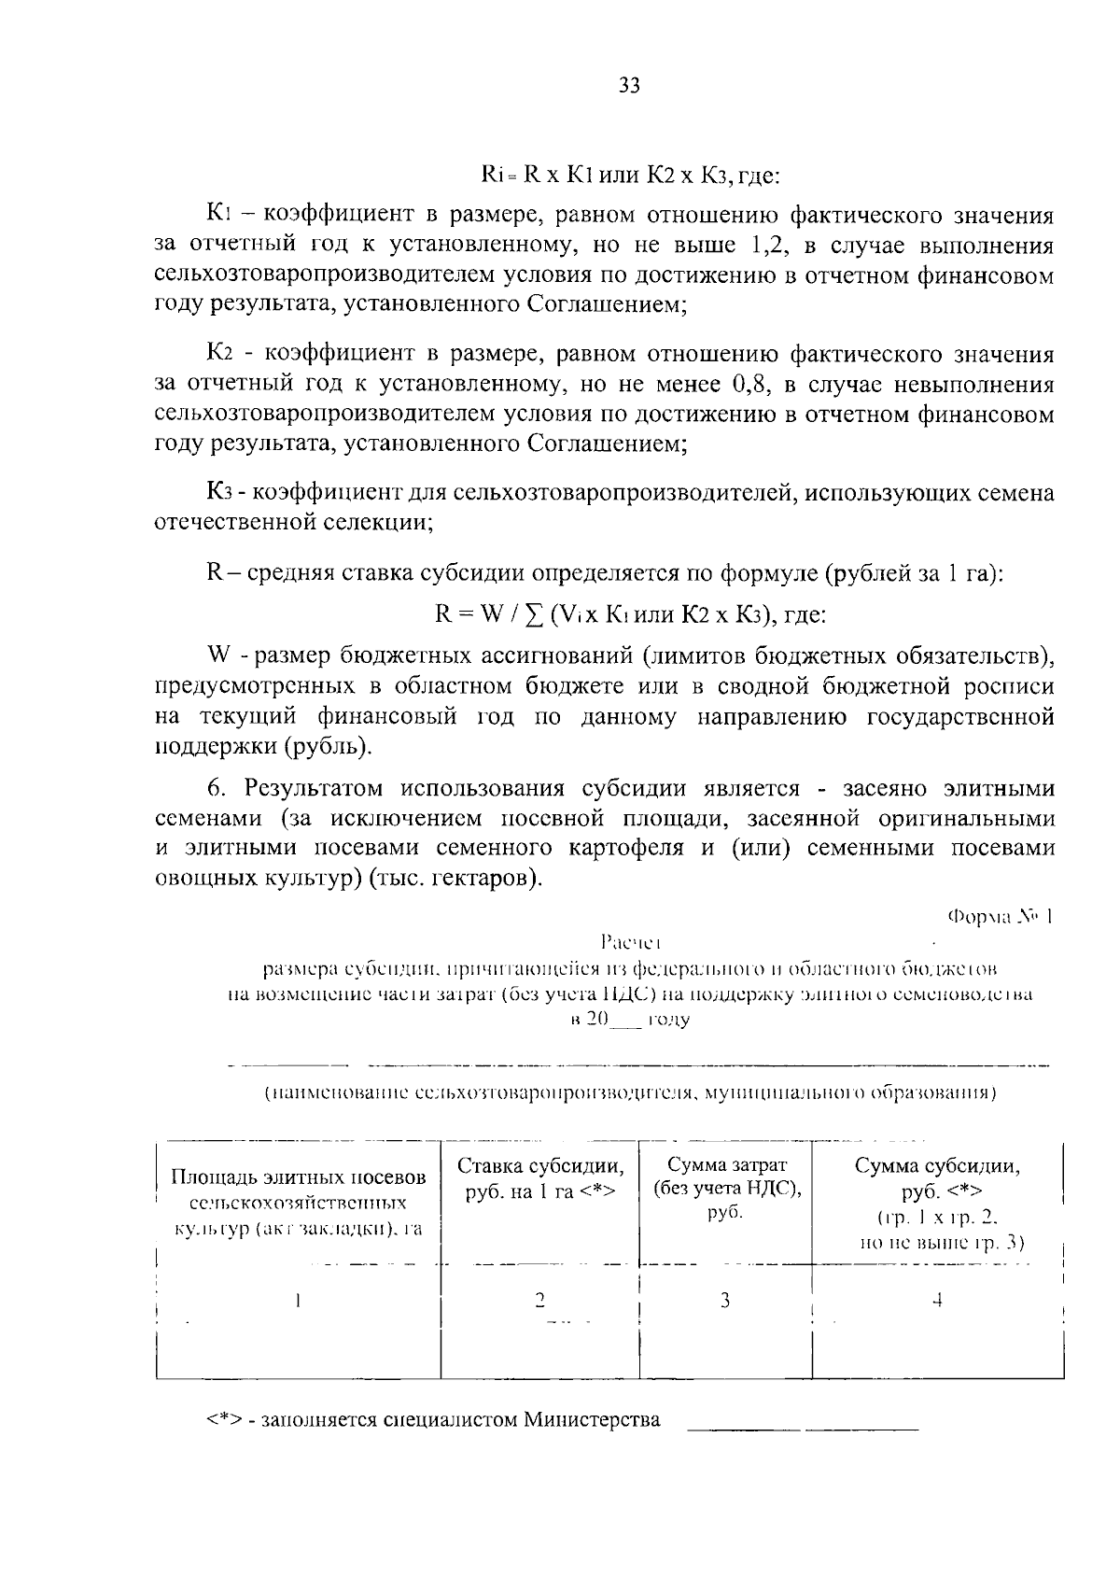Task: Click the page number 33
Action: (629, 87)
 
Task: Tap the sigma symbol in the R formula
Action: (535, 614)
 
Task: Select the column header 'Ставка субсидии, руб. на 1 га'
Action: (540, 1178)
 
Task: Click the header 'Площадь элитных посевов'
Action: (299, 1177)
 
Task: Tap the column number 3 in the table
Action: (724, 1300)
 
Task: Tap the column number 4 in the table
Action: (937, 1300)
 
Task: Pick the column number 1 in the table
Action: (297, 1300)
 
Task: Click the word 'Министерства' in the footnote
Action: (592, 1420)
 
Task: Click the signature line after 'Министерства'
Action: (803, 1428)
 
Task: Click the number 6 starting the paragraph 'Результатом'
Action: (214, 788)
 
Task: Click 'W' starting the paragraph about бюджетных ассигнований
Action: (216, 655)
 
